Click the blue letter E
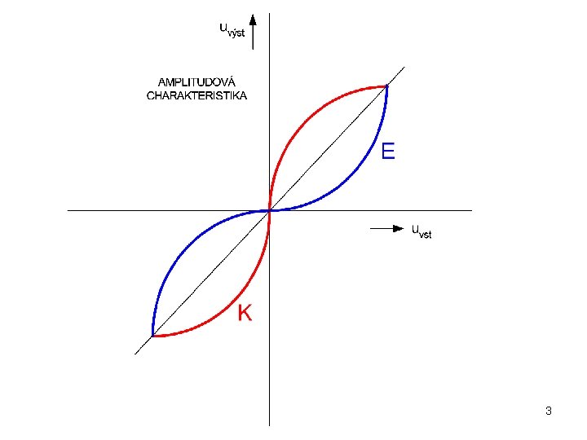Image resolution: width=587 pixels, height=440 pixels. point(388,151)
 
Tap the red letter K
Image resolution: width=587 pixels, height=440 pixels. point(245,312)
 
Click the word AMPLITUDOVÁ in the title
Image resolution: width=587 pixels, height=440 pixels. point(196,81)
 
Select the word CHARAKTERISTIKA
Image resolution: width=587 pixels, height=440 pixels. point(196,95)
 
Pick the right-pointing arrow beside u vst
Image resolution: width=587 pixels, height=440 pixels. point(387,229)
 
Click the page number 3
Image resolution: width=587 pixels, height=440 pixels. point(549,411)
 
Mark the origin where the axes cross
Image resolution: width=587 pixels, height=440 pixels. point(269,210)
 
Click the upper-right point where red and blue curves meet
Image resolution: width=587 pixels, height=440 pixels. point(386,86)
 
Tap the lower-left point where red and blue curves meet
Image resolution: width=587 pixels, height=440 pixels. point(152,335)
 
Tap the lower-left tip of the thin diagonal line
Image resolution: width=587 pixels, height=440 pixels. point(135,354)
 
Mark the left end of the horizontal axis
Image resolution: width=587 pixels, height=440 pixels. point(68,210)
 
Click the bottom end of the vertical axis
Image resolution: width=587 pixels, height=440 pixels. point(269,425)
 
